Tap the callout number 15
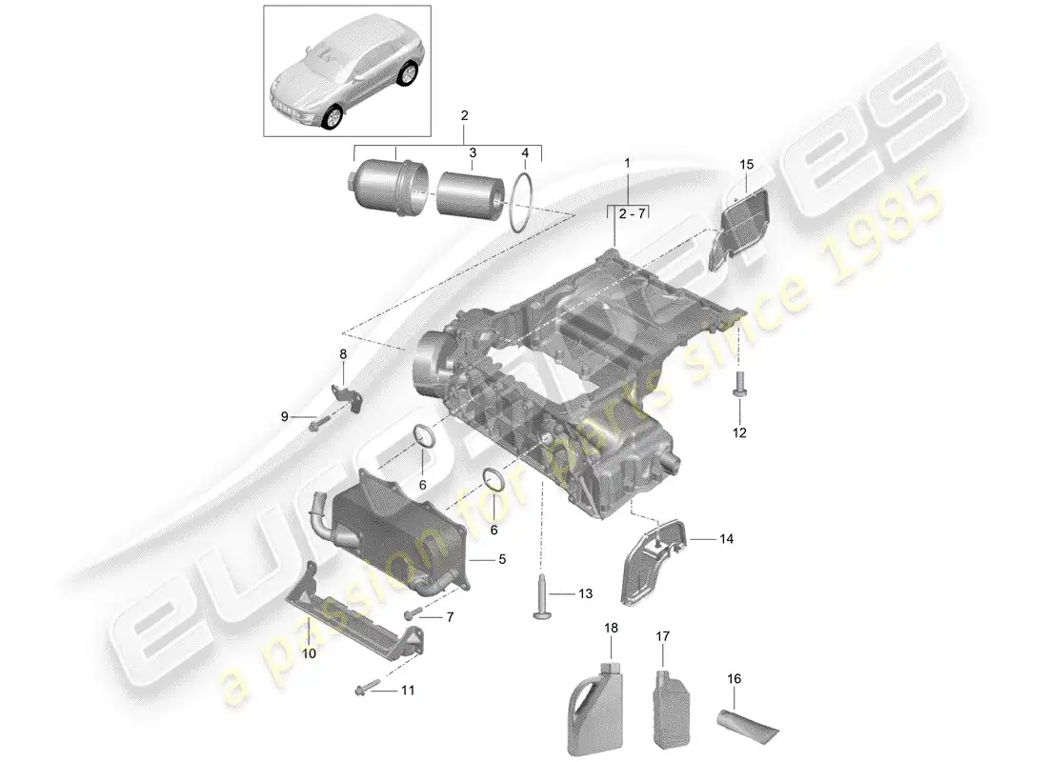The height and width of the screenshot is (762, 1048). pos(746,166)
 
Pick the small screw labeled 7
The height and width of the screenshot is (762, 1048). pos(417,614)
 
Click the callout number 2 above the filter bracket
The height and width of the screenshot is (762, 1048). pos(465,115)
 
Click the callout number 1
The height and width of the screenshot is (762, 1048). pos(627,164)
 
